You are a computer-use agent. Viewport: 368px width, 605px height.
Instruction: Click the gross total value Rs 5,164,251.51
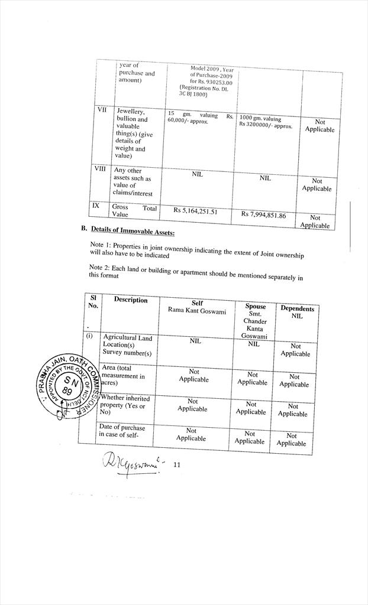(195, 210)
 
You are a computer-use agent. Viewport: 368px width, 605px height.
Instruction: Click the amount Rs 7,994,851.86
(263, 214)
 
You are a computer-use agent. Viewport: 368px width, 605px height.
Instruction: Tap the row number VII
(101, 110)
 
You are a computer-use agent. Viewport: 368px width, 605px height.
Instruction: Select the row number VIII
(101, 168)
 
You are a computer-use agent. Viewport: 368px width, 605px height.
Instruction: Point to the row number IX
(95, 205)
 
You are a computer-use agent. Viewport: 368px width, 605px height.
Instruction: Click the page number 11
(177, 465)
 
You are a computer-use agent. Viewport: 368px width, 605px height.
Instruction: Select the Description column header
(131, 300)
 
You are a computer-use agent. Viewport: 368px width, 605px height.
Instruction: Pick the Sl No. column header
(93, 301)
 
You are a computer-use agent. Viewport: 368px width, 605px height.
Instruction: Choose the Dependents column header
(297, 308)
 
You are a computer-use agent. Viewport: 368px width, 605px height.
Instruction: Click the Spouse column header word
(256, 307)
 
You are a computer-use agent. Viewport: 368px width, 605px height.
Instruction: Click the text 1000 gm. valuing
(260, 119)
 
